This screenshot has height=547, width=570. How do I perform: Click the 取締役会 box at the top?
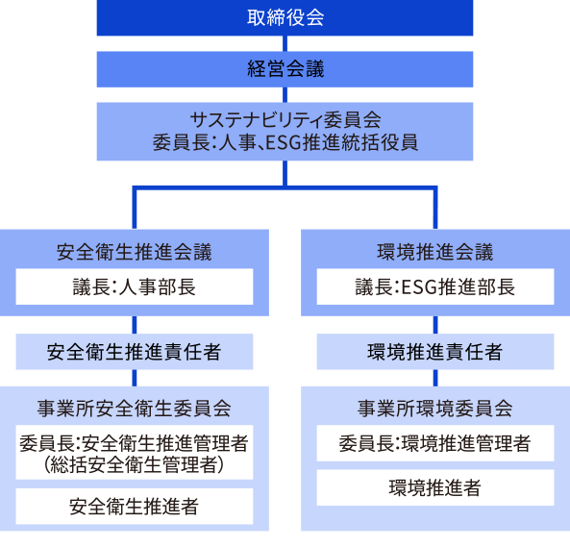pyautogui.click(x=285, y=17)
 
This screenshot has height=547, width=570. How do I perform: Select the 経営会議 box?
pyautogui.click(x=285, y=68)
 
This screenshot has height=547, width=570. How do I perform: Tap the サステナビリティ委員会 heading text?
pyautogui.click(x=285, y=120)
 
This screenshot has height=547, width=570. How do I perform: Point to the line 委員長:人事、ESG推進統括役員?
pyautogui.click(x=285, y=143)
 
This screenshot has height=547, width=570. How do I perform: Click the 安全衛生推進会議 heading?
pyautogui.click(x=135, y=252)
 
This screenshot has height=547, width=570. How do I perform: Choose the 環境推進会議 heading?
pyautogui.click(x=434, y=252)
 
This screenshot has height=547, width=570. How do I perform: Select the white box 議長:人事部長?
pyautogui.click(x=135, y=286)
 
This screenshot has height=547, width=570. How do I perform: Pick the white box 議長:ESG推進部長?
pyautogui.click(x=434, y=286)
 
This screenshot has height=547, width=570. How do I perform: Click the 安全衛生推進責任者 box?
pyautogui.click(x=135, y=352)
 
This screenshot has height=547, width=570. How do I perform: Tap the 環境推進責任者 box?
pyautogui.click(x=434, y=352)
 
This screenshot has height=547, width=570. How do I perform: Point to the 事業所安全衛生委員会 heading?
pyautogui.click(x=135, y=408)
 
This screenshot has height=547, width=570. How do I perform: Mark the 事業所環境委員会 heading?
pyautogui.click(x=434, y=408)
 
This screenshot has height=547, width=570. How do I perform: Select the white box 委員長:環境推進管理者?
pyautogui.click(x=434, y=443)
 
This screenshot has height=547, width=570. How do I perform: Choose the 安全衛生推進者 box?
pyautogui.click(x=135, y=506)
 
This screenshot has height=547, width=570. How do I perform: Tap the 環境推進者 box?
pyautogui.click(x=434, y=487)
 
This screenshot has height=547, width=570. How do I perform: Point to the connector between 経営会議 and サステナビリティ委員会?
pyautogui.click(x=285, y=94)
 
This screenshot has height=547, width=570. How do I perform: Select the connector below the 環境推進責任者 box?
pyautogui.click(x=434, y=378)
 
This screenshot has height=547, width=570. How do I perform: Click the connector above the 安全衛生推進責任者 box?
pyautogui.click(x=135, y=325)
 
